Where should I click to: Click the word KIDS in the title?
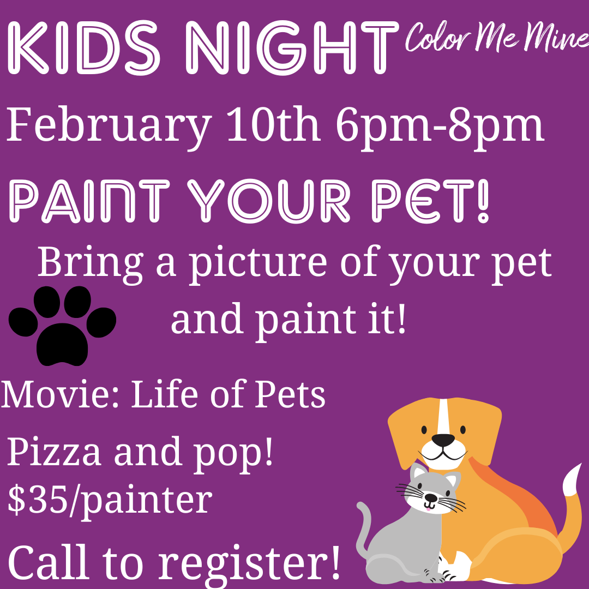tap(84, 47)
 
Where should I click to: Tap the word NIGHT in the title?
tap(291, 47)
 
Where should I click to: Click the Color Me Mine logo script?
tap(497, 38)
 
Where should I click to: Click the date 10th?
tap(274, 124)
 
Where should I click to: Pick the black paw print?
tap(62, 325)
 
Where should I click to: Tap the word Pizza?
tap(54, 452)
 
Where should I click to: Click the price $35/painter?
tap(110, 500)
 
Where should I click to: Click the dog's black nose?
tap(443, 440)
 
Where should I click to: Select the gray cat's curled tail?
tap(364, 533)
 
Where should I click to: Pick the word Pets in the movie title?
tap(290, 394)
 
